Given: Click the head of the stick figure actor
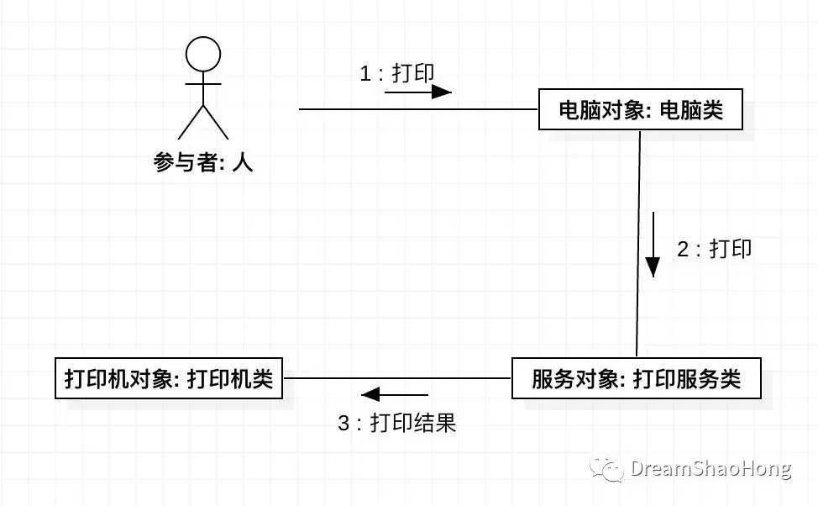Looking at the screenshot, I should pyautogui.click(x=202, y=55).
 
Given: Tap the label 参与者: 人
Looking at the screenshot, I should pyautogui.click(x=203, y=162).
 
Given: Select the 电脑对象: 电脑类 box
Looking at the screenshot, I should pyautogui.click(x=640, y=109).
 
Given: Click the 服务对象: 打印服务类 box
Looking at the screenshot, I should pyautogui.click(x=636, y=378).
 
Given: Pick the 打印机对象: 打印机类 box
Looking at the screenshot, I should pyautogui.click(x=169, y=378).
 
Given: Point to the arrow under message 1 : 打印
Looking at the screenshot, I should pyautogui.click(x=418, y=92).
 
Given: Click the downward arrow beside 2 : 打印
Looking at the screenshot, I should pyautogui.click(x=653, y=245).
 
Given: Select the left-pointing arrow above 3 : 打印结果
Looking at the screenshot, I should pyautogui.click(x=395, y=393).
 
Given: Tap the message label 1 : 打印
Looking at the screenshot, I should pyautogui.click(x=397, y=73).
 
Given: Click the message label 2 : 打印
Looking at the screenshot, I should pyautogui.click(x=714, y=249).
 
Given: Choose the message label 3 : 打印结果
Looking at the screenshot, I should pyautogui.click(x=396, y=423).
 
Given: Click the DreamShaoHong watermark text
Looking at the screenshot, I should pyautogui.click(x=711, y=468).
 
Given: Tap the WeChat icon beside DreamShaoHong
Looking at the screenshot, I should pyautogui.click(x=606, y=469).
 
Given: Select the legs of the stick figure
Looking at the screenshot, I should pyautogui.click(x=202, y=121).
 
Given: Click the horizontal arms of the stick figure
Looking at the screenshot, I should pyautogui.click(x=202, y=84).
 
